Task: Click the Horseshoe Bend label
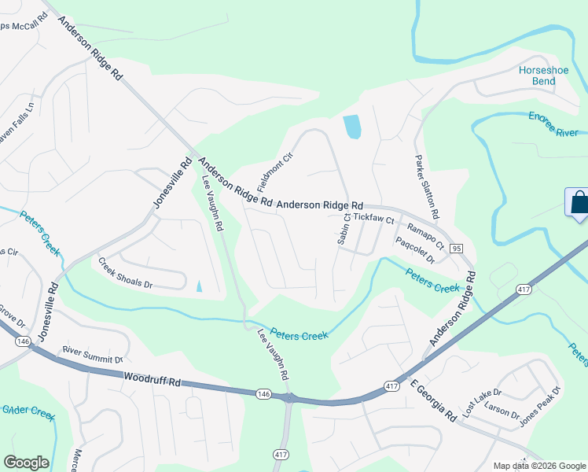click(x=538, y=76)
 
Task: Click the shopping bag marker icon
click(x=579, y=203)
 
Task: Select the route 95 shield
click(x=456, y=248)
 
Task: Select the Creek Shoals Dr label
click(x=126, y=272)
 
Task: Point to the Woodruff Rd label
click(x=152, y=380)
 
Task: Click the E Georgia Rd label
click(x=433, y=401)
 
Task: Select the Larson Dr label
click(x=502, y=410)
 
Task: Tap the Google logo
click(x=25, y=463)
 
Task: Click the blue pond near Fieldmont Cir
click(x=352, y=126)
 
